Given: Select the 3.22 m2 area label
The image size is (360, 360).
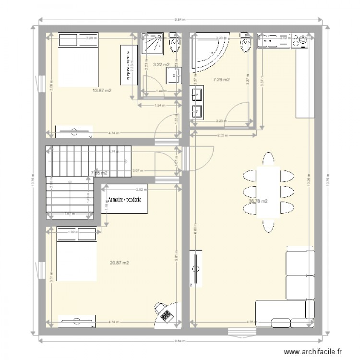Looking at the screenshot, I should click(160, 64).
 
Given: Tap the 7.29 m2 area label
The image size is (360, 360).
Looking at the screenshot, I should click(221, 80).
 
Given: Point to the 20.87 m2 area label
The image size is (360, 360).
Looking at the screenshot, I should click(119, 263).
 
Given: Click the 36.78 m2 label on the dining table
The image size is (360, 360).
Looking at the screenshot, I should click(271, 202).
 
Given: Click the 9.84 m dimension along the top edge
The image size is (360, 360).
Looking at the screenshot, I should click(179, 20).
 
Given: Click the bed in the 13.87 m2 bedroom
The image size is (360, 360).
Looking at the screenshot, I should click(78, 60).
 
